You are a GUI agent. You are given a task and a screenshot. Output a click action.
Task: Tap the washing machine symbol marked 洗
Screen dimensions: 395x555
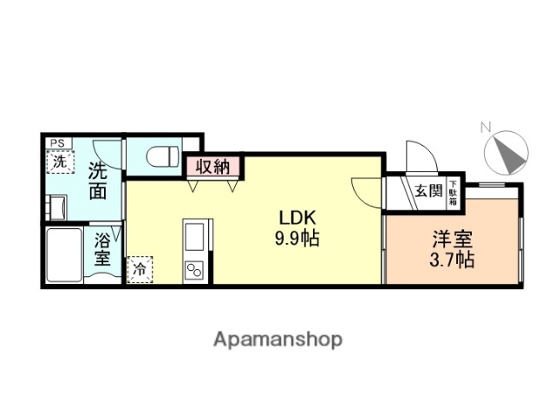pyautogui.click(x=60, y=161)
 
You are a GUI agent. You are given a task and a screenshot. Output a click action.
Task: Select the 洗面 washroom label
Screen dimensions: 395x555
pyautogui.click(x=97, y=181)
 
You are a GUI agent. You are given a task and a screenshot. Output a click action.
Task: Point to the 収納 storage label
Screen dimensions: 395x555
pyautogui.click(x=212, y=167)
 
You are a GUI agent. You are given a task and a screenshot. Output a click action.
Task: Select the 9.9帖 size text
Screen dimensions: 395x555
pyautogui.click(x=297, y=237)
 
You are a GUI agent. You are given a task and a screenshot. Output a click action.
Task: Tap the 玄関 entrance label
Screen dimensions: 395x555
pyautogui.click(x=428, y=191)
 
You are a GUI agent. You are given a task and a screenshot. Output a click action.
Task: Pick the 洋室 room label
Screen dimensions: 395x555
pyautogui.click(x=453, y=240)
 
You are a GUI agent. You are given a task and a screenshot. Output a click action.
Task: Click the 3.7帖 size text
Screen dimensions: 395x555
pyautogui.click(x=453, y=259)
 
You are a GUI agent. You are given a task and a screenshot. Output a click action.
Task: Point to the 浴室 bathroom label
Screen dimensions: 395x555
pyautogui.click(x=102, y=250)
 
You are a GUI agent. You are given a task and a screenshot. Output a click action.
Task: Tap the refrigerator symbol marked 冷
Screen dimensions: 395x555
pyautogui.click(x=139, y=269)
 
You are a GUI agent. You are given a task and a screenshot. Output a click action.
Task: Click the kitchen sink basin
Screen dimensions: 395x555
pyautogui.click(x=194, y=235)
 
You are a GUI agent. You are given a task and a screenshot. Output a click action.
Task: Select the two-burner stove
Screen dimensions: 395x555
pyautogui.click(x=194, y=269)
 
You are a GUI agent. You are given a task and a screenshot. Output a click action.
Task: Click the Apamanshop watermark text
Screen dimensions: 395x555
pyautogui.click(x=277, y=339)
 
